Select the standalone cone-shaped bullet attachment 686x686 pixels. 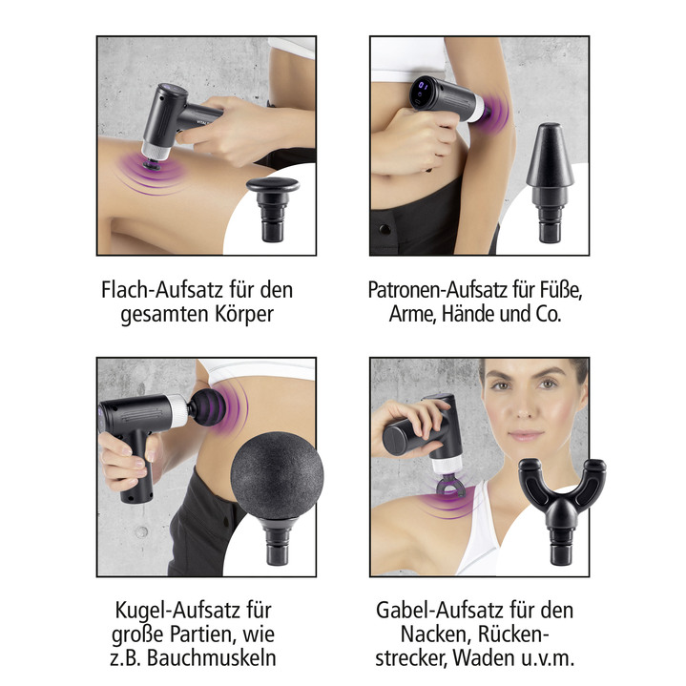552,177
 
